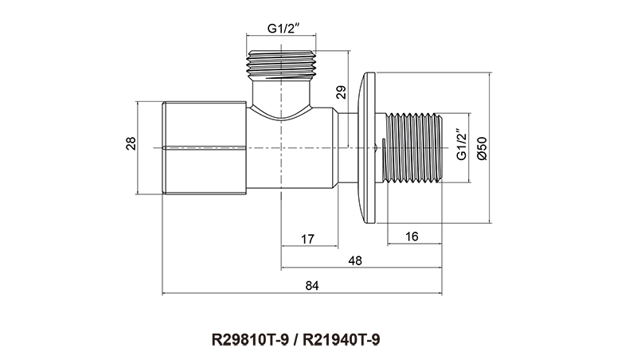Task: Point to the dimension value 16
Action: pyautogui.click(x=412, y=238)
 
